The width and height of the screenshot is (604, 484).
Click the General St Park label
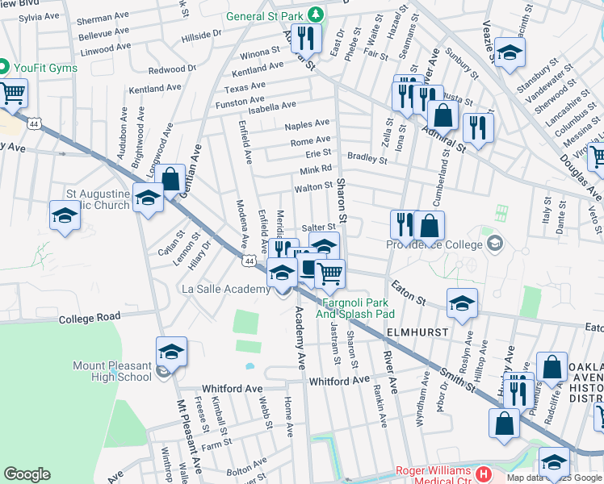(x=267, y=16)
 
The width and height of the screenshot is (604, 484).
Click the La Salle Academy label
(x=225, y=289)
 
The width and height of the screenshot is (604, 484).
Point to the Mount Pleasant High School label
(x=112, y=371)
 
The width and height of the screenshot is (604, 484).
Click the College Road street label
(x=89, y=317)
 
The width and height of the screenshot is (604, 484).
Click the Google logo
(x=27, y=474)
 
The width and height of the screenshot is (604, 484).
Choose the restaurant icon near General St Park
(x=306, y=37)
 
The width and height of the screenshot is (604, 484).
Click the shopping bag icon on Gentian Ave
(x=170, y=178)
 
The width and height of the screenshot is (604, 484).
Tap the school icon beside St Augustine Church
(x=148, y=198)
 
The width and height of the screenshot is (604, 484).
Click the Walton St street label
(x=314, y=187)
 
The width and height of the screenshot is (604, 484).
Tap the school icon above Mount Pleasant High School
(x=171, y=352)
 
